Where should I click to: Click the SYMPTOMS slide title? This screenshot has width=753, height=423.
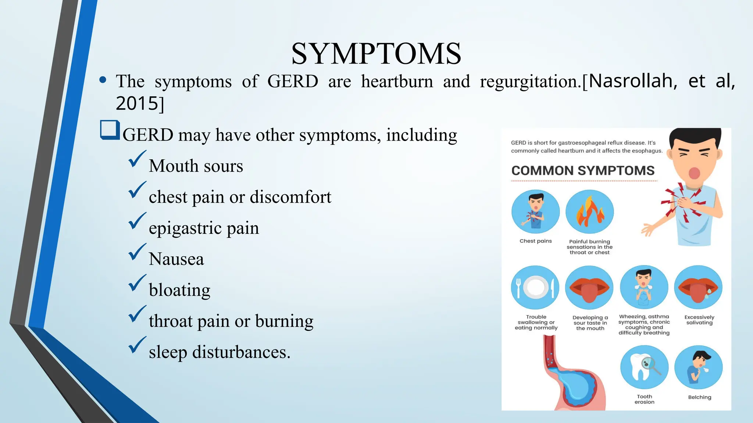376,54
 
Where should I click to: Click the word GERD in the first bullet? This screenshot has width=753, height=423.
293,81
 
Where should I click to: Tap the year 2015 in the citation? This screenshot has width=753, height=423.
137,103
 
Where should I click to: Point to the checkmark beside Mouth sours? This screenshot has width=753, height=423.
138,159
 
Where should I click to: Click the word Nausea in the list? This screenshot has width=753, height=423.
176,259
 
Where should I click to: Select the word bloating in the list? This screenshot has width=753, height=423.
179,290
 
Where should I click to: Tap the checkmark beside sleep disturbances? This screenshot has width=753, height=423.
138,345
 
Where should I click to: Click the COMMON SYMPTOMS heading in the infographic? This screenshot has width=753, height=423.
583,171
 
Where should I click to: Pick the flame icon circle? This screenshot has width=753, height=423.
589,212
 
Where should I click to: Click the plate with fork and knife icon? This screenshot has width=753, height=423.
535,288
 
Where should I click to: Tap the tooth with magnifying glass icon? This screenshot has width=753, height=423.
644,367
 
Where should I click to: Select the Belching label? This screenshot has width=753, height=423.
699,397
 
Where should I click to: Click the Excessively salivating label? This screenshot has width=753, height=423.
699,320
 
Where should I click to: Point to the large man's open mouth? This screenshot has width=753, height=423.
694,173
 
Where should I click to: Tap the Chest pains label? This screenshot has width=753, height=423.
535,241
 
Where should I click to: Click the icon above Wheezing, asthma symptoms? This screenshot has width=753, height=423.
644,288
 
